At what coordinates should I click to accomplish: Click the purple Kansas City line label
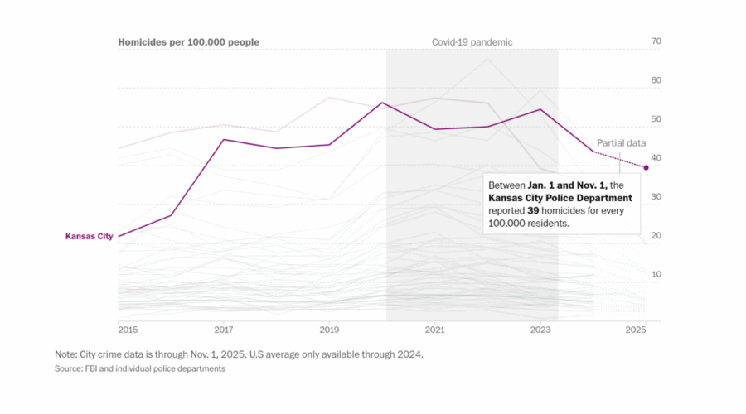[89, 236]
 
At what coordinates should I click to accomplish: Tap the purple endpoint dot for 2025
[647, 167]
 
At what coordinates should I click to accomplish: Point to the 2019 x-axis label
[329, 329]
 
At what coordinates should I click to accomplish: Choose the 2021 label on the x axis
[435, 329]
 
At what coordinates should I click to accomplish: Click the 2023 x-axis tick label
[540, 329]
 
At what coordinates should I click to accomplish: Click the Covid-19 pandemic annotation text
[472, 41]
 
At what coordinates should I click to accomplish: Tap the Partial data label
[621, 142]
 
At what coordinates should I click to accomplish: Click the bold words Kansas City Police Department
[560, 199]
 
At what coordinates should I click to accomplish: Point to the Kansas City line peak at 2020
[382, 103]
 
